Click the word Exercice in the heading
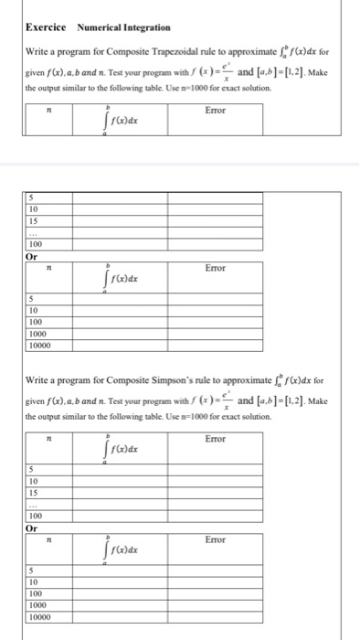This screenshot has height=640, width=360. [x=47, y=27]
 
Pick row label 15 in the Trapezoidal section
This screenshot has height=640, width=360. [x=33, y=221]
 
